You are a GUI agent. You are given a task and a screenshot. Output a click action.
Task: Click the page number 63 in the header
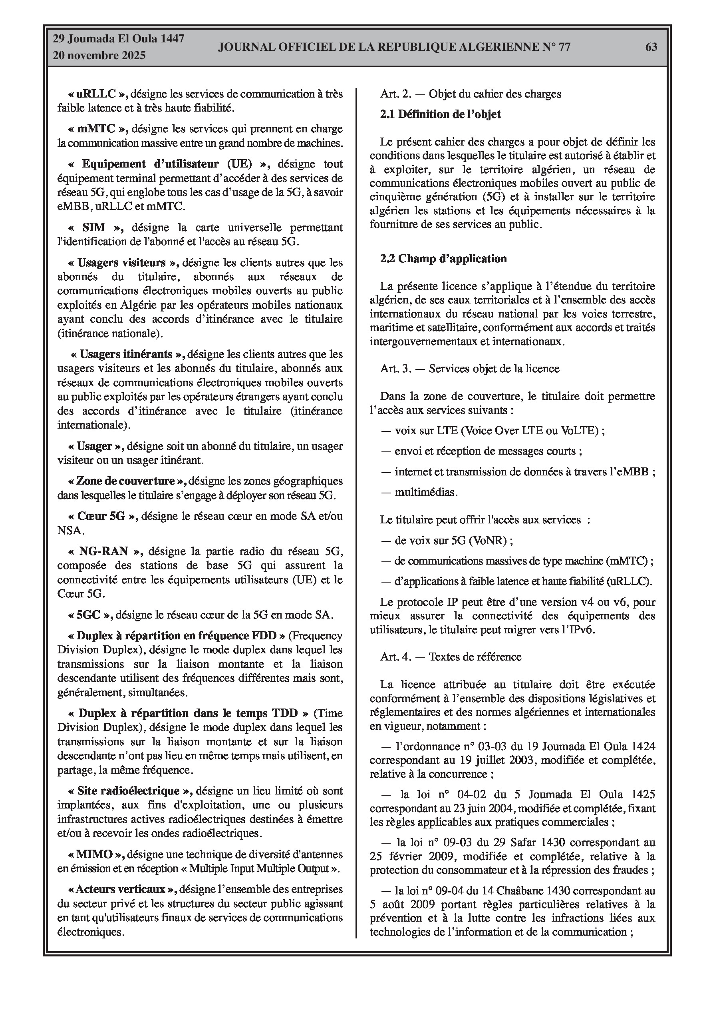click(651, 47)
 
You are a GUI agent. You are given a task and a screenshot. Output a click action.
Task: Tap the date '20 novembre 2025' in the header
click(99, 56)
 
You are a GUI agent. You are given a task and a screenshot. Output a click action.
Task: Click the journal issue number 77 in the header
click(564, 47)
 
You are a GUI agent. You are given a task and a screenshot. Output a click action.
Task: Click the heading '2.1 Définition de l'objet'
click(441, 114)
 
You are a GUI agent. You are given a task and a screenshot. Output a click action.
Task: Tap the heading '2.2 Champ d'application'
click(443, 258)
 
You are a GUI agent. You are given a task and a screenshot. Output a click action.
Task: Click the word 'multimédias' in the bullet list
click(425, 492)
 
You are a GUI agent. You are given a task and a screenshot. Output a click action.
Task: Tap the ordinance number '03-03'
click(464, 747)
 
